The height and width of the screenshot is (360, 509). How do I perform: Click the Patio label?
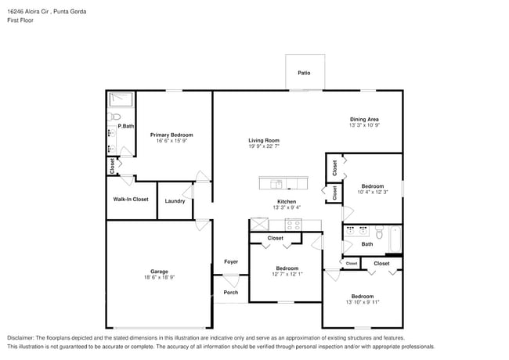pyautogui.click(x=304, y=73)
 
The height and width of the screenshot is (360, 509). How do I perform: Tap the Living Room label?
pyautogui.click(x=264, y=140)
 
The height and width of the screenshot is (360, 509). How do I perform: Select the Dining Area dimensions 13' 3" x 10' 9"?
pyautogui.click(x=364, y=125)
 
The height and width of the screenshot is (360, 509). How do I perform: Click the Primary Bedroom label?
pyautogui.click(x=171, y=135)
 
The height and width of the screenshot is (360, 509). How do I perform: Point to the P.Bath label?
pyautogui.click(x=126, y=126)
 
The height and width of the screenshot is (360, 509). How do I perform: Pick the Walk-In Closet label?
pyautogui.click(x=131, y=200)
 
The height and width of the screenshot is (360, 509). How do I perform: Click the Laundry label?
pyautogui.click(x=175, y=201)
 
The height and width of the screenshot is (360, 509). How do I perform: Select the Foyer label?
pyautogui.click(x=231, y=261)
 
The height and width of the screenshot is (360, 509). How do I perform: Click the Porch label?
pyautogui.click(x=231, y=293)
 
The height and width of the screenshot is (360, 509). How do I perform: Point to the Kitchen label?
pyautogui.click(x=287, y=201)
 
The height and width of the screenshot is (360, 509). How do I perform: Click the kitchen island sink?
pyautogui.click(x=276, y=184)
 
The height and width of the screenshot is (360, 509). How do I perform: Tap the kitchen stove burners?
pyautogui.click(x=293, y=224)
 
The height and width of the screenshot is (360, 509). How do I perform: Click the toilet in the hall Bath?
pyautogui.click(x=379, y=232)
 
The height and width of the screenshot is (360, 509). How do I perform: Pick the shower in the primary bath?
pyautogui.click(x=121, y=99)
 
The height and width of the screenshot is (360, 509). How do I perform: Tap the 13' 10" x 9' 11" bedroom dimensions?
pyautogui.click(x=362, y=302)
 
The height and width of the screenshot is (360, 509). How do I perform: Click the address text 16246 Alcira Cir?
pyautogui.click(x=29, y=11)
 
